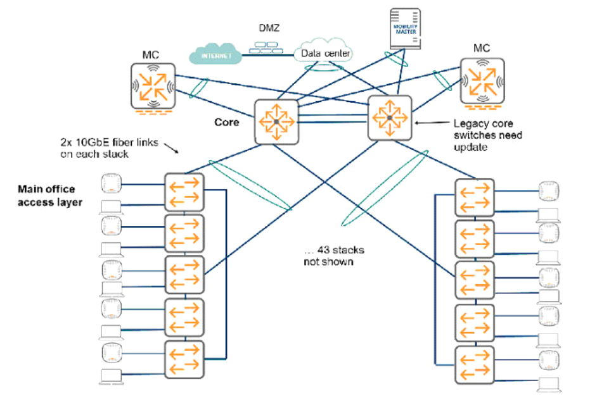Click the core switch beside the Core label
point(276,121)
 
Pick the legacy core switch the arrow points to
point(390,118)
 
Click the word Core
point(226,122)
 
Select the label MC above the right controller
point(482,48)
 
